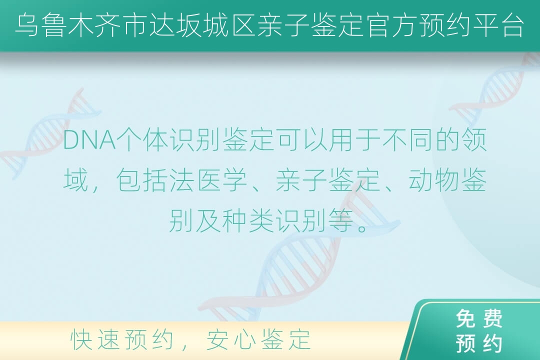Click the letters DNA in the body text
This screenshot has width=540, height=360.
click(89, 140)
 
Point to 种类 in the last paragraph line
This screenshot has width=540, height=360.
click(248, 220)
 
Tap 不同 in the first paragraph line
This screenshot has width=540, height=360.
click(408, 140)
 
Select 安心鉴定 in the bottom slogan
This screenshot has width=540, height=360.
click(258, 339)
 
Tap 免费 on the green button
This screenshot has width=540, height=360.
click(479, 318)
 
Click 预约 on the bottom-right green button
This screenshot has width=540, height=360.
click(479, 343)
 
